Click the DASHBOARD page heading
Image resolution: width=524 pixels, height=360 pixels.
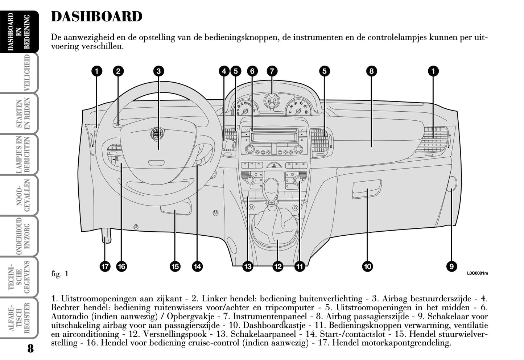point(96,17)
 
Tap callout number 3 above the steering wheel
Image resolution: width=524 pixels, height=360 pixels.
point(158,71)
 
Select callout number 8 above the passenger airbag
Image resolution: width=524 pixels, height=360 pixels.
point(371,71)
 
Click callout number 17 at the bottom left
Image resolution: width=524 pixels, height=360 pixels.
point(105,267)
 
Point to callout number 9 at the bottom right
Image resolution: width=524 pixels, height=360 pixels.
point(451,267)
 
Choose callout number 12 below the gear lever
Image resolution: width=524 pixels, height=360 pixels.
point(277,267)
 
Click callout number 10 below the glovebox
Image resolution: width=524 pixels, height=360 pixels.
point(367,267)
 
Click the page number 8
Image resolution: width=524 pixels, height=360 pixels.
point(30,349)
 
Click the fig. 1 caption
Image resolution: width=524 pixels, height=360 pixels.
point(59,274)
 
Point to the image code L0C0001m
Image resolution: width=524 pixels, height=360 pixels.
point(477,273)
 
